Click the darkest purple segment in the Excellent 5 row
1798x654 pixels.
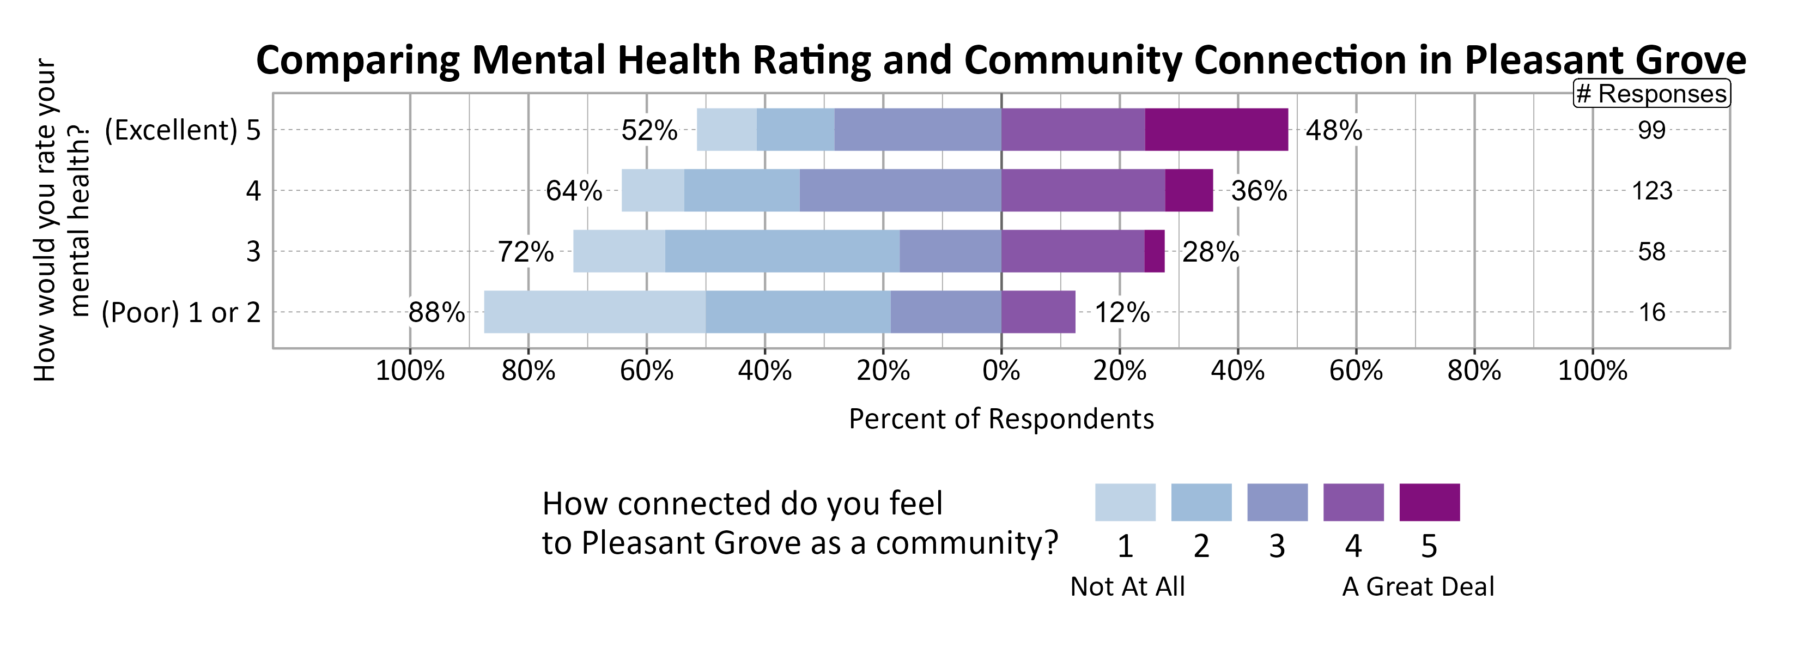[x=1216, y=130]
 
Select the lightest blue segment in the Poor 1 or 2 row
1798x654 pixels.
[x=594, y=312]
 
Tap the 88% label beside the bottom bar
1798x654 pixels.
[x=436, y=312]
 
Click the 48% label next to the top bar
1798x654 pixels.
[x=1333, y=130]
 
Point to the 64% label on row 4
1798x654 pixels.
[x=574, y=191]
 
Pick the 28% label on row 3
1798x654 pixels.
[x=1210, y=252]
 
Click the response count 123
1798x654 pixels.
[x=1651, y=191]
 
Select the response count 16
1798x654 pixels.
[x=1651, y=312]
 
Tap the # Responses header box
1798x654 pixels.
[x=1651, y=94]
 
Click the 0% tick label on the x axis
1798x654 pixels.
[x=1001, y=371]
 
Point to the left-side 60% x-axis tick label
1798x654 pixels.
[x=646, y=371]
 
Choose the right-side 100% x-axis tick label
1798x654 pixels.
[x=1592, y=371]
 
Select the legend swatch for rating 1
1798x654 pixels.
[x=1125, y=502]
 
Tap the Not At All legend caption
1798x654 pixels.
[x=1127, y=586]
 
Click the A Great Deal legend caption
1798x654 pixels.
[x=1418, y=586]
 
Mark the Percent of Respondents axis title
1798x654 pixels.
[x=1001, y=419]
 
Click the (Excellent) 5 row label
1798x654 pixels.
[x=182, y=130]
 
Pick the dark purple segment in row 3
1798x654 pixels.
[x=1155, y=251]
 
